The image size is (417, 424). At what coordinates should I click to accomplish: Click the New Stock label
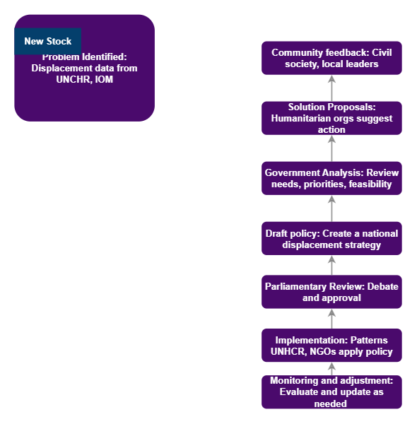pyautogui.click(x=48, y=42)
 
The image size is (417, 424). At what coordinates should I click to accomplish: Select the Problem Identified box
pyautogui.click(x=84, y=85)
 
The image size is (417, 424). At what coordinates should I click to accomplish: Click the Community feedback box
pyautogui.click(x=331, y=58)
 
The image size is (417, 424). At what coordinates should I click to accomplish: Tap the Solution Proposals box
pyautogui.click(x=331, y=118)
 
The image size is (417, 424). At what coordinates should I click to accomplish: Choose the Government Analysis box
pyautogui.click(x=331, y=179)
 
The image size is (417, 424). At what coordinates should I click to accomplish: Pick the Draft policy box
pyautogui.click(x=331, y=239)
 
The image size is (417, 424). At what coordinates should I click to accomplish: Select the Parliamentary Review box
pyautogui.click(x=331, y=292)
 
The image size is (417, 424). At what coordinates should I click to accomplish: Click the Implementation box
pyautogui.click(x=331, y=346)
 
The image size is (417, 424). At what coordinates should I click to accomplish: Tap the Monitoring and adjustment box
pyautogui.click(x=331, y=392)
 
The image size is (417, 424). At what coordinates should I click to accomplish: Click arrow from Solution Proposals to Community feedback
pyautogui.click(x=331, y=88)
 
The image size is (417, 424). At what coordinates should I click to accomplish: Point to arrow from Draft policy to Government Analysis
pyautogui.click(x=331, y=208)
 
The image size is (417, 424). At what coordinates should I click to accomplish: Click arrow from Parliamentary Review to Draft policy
pyautogui.click(x=331, y=265)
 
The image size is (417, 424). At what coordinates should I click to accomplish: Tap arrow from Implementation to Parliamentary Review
pyautogui.click(x=331, y=319)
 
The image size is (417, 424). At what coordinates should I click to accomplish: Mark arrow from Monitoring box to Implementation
pyautogui.click(x=331, y=369)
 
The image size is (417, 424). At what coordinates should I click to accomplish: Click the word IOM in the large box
pyautogui.click(x=104, y=80)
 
